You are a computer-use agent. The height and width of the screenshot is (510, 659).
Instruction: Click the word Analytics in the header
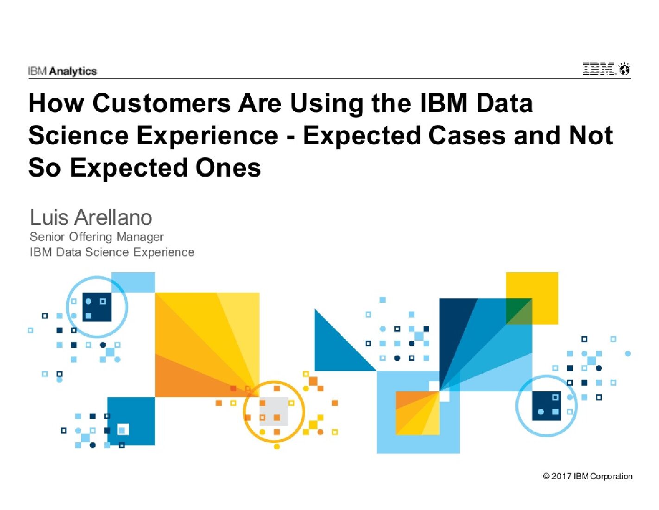(x=73, y=71)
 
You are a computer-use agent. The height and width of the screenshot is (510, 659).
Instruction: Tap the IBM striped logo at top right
(x=599, y=69)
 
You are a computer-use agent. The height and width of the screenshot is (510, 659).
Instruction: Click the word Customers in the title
(x=161, y=103)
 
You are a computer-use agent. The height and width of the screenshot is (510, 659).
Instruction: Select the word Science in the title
(x=78, y=135)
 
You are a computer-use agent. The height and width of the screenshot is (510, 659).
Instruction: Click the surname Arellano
(x=114, y=217)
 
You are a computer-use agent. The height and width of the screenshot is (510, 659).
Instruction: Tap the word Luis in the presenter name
(x=49, y=217)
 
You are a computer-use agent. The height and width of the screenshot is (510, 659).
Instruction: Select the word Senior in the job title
(x=47, y=237)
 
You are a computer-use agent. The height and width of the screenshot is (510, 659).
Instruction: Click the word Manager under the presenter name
(x=140, y=237)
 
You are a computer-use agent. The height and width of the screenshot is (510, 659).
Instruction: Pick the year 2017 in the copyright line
(x=561, y=476)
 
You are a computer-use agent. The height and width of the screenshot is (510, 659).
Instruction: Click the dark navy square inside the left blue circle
(x=97, y=307)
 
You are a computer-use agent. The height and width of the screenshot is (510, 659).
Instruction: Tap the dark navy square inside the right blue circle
(x=546, y=406)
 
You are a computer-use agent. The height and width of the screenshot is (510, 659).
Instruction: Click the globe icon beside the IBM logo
(x=625, y=70)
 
